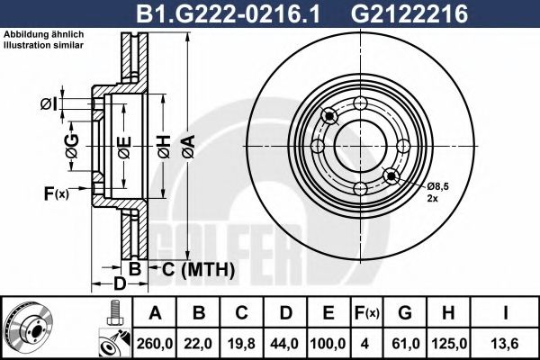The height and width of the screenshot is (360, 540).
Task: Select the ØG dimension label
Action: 73,145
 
